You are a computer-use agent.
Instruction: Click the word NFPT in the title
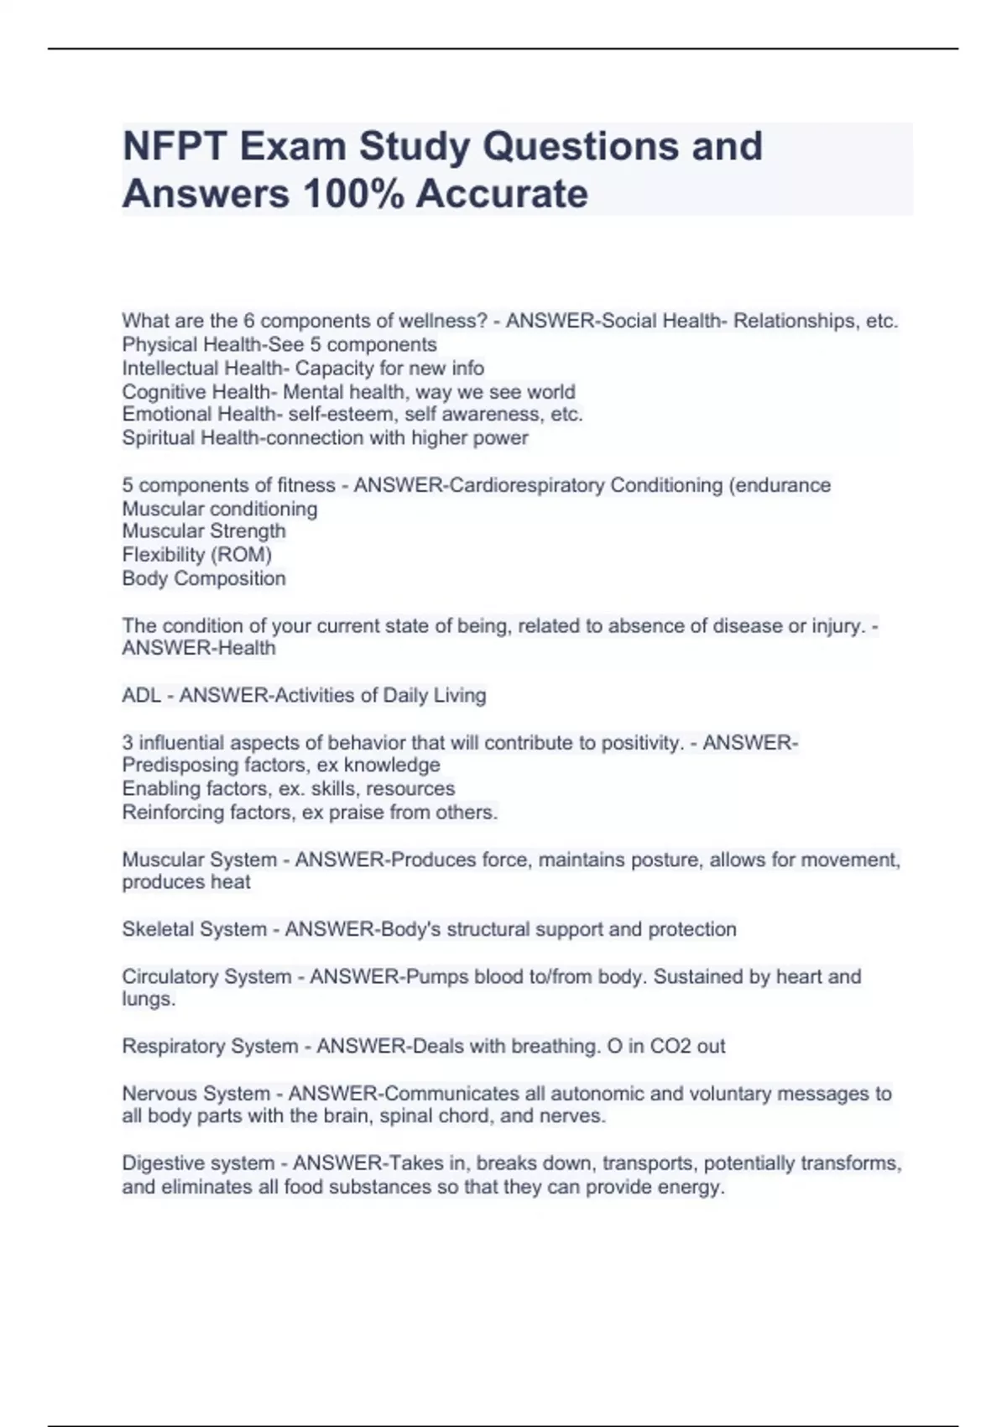pos(174,146)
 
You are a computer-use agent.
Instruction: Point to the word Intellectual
pos(164,369)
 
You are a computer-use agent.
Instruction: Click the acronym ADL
pos(141,696)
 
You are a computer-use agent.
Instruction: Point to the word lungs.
pos(147,1000)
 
